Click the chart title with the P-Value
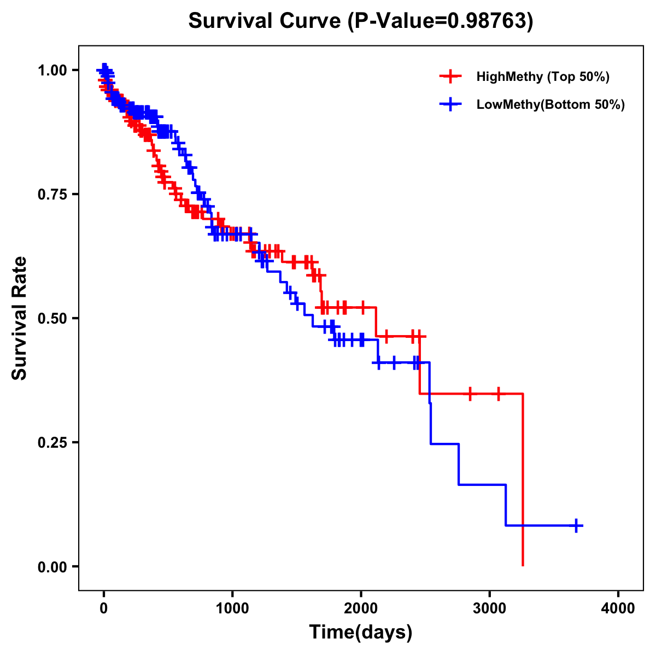(360, 21)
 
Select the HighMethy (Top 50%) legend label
(542, 77)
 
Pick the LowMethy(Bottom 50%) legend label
(550, 104)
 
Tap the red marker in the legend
(450, 77)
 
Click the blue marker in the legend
(450, 104)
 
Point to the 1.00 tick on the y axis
(52, 71)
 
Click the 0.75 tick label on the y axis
(52, 195)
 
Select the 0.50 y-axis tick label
(52, 318)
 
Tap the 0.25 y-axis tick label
(52, 442)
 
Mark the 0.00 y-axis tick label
(52, 566)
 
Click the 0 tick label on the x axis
(104, 608)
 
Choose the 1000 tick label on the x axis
(232, 608)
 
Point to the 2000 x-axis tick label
(361, 608)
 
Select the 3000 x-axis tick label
(490, 608)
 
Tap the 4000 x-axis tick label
(618, 608)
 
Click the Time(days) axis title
(361, 632)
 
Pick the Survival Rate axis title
(20, 318)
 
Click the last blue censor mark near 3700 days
(576, 525)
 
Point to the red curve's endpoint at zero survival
(523, 565)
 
